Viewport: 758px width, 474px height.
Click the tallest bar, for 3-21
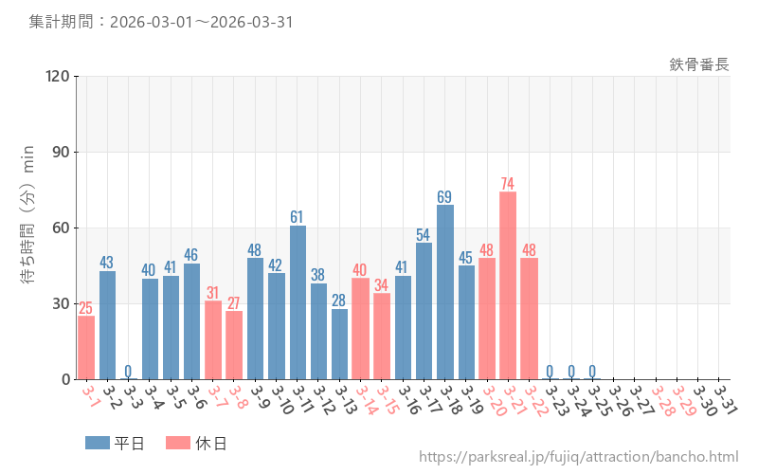click(508, 285)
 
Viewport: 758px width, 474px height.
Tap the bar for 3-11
click(298, 302)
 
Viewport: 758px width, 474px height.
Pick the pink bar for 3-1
click(86, 347)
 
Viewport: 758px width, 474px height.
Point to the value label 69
click(445, 197)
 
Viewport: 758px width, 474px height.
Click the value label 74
click(508, 184)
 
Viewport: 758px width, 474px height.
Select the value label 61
click(298, 217)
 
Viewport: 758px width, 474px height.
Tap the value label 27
click(234, 303)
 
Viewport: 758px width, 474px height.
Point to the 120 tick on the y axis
click(59, 77)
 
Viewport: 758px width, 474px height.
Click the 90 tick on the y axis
click(63, 153)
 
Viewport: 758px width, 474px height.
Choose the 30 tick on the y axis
click(63, 304)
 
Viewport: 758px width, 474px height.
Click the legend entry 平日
click(115, 443)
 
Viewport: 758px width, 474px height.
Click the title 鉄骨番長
click(699, 64)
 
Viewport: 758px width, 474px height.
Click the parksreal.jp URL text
click(578, 457)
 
